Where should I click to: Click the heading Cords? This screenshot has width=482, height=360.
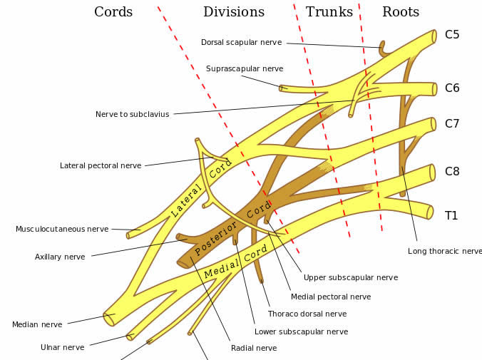(113, 12)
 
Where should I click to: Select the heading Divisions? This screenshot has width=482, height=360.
(234, 12)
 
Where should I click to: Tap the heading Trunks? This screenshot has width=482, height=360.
(329, 12)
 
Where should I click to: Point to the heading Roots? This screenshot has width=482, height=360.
(401, 12)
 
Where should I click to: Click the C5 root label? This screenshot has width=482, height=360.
(452, 34)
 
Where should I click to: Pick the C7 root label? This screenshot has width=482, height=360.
(452, 123)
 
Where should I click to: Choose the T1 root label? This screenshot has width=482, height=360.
(451, 215)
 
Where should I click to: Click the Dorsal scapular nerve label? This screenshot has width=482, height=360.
(241, 43)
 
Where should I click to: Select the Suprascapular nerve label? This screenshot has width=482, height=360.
(245, 68)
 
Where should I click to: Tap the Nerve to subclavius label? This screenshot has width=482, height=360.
(133, 114)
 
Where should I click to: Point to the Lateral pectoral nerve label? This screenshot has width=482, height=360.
(101, 165)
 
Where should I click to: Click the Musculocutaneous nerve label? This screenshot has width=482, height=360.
(62, 229)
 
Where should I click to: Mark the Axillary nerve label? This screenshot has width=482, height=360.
(60, 257)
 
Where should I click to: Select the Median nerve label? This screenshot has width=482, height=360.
(37, 324)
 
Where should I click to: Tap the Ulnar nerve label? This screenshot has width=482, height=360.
(63, 347)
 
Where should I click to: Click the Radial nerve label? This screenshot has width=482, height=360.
(254, 348)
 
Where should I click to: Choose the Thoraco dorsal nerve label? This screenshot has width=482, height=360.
(307, 314)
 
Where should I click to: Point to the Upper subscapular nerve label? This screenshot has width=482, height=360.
(351, 277)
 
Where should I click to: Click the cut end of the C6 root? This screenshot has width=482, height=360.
(435, 89)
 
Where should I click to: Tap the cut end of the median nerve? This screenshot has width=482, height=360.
(109, 319)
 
